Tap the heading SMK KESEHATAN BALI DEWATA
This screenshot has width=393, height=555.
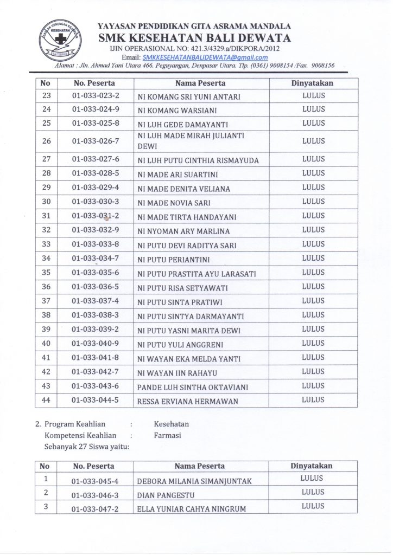click(194, 38)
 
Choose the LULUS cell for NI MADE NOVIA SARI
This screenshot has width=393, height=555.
click(313, 202)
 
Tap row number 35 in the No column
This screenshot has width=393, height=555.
click(46, 272)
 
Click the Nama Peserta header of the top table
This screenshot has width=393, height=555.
click(200, 83)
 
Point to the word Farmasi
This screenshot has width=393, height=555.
click(167, 435)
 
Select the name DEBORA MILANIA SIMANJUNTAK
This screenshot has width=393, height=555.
click(194, 481)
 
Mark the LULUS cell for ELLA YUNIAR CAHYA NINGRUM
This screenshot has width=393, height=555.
click(313, 506)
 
